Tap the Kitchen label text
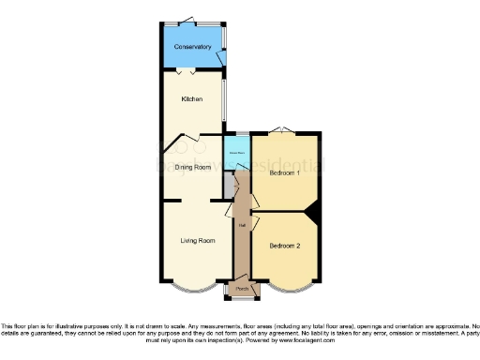[x=191, y=97]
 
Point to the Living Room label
[x=198, y=241]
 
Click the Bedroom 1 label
[x=284, y=172]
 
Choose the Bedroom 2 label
[x=284, y=246]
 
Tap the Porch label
[x=242, y=289]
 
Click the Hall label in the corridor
[x=242, y=225]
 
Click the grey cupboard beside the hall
[x=229, y=186]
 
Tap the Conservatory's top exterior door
[x=190, y=20]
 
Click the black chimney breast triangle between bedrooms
[x=316, y=214]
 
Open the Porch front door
[x=242, y=298]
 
